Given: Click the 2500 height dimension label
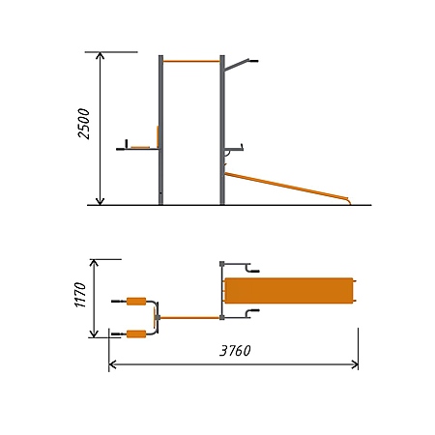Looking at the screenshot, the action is (x=84, y=124).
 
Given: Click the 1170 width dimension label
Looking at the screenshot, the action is (x=80, y=295).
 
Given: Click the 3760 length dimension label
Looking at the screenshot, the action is (x=235, y=351).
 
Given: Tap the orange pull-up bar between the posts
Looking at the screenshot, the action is (x=191, y=61).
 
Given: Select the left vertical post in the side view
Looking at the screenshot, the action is (x=160, y=130).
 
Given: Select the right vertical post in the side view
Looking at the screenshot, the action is (x=222, y=130).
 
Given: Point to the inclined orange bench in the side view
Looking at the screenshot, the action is (x=287, y=187).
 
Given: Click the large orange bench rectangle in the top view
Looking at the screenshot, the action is (x=288, y=291).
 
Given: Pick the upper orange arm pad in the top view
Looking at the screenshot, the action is (x=136, y=302).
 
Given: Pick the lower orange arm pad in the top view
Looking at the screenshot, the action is (x=136, y=334).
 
